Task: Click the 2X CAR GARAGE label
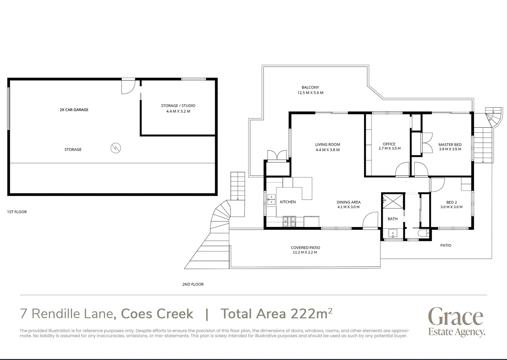coord(74,110)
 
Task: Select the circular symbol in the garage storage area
coord(116,148)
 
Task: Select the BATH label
coord(392,219)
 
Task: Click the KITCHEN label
coord(288,202)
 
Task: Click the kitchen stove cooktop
coord(289,221)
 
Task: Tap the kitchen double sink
coord(271,199)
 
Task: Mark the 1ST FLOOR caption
coord(17,212)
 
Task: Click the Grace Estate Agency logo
coord(456,322)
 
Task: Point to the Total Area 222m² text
coord(276,314)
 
